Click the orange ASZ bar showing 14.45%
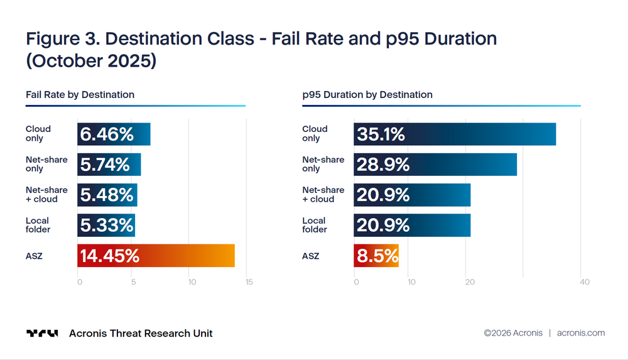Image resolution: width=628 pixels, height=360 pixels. coord(156,255)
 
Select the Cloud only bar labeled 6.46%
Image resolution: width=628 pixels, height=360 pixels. coord(114,134)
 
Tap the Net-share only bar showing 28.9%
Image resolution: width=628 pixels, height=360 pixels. coord(435,165)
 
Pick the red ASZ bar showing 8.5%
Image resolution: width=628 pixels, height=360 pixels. coord(376,255)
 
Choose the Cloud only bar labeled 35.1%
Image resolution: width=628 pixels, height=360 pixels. coord(455,134)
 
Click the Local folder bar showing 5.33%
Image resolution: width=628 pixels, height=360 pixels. coord(106,226)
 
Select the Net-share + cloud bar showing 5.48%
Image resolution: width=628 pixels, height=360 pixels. coord(107,195)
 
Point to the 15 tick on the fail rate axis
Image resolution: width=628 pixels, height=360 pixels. coord(249,282)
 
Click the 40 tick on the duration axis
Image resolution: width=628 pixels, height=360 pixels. coord(585,282)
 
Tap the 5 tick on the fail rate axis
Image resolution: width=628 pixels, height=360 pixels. coord(133,282)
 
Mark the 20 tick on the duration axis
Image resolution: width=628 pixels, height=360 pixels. coord(470,282)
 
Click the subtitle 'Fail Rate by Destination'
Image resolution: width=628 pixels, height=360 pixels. coord(80,95)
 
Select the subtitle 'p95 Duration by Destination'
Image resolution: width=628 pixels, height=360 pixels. coord(367,95)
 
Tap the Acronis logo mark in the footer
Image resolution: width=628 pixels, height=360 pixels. coord(42,333)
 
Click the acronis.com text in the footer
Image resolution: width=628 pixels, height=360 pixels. coord(581,333)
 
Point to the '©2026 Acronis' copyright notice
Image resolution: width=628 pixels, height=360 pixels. coord(513,333)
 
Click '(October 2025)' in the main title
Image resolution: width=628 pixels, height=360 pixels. coord(91,61)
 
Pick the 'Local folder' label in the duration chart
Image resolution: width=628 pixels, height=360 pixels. coord(315,225)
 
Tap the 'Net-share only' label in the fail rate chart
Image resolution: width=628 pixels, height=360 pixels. coord(46,164)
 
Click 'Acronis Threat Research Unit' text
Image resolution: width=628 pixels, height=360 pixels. coord(141,333)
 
